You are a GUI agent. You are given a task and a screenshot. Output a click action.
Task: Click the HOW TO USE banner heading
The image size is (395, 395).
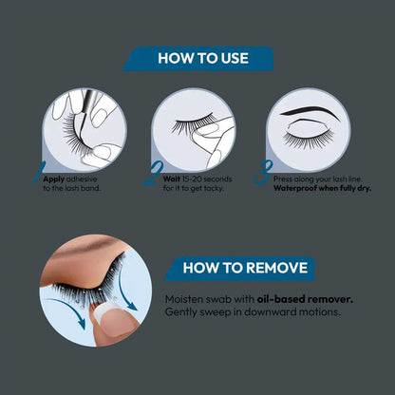pos(203,59)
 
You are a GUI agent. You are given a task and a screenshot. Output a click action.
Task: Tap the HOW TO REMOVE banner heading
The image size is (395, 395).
pos(245,268)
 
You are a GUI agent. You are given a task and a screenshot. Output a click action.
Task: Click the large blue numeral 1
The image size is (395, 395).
pos(39,173)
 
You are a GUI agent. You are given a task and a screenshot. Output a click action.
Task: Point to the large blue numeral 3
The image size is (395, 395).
pos(263,172)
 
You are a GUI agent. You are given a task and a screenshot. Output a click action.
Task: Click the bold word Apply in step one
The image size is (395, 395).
pos(54,179)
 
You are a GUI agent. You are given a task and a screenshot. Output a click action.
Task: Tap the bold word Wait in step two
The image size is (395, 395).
pos(172,179)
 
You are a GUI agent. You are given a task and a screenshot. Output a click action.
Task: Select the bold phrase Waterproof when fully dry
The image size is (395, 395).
pos(323,188)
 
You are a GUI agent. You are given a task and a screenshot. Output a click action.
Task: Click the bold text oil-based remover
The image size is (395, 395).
pos(305,299)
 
